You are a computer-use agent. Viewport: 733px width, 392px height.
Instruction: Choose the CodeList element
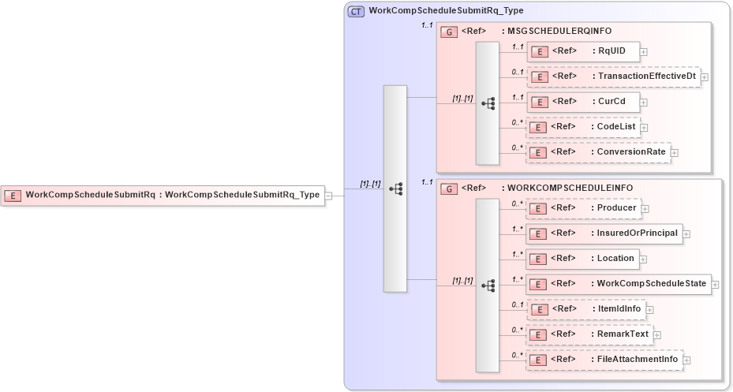(x=583, y=127)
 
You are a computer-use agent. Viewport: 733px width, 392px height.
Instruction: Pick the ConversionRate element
(x=598, y=152)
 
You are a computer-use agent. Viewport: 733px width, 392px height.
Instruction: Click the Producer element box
(x=583, y=207)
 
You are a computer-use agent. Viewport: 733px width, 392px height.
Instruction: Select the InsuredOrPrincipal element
(x=604, y=233)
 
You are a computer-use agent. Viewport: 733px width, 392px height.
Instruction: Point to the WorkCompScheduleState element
(x=618, y=283)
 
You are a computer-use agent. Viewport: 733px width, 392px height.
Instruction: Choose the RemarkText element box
(x=589, y=334)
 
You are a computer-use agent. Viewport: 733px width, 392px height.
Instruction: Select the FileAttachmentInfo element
(x=604, y=360)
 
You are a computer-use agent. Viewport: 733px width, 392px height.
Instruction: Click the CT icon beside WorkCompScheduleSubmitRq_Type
(x=356, y=12)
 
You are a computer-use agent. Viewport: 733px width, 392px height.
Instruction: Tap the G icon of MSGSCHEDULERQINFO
(x=447, y=32)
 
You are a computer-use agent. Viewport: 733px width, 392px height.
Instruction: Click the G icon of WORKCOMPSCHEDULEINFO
(x=447, y=189)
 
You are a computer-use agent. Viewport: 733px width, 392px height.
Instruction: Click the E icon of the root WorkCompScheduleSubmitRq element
(x=13, y=195)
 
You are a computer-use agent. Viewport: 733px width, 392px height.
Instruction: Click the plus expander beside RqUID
(x=644, y=52)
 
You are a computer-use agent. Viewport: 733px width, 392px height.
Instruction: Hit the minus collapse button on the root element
(x=329, y=196)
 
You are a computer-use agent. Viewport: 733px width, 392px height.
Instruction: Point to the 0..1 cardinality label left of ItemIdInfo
(x=517, y=304)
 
